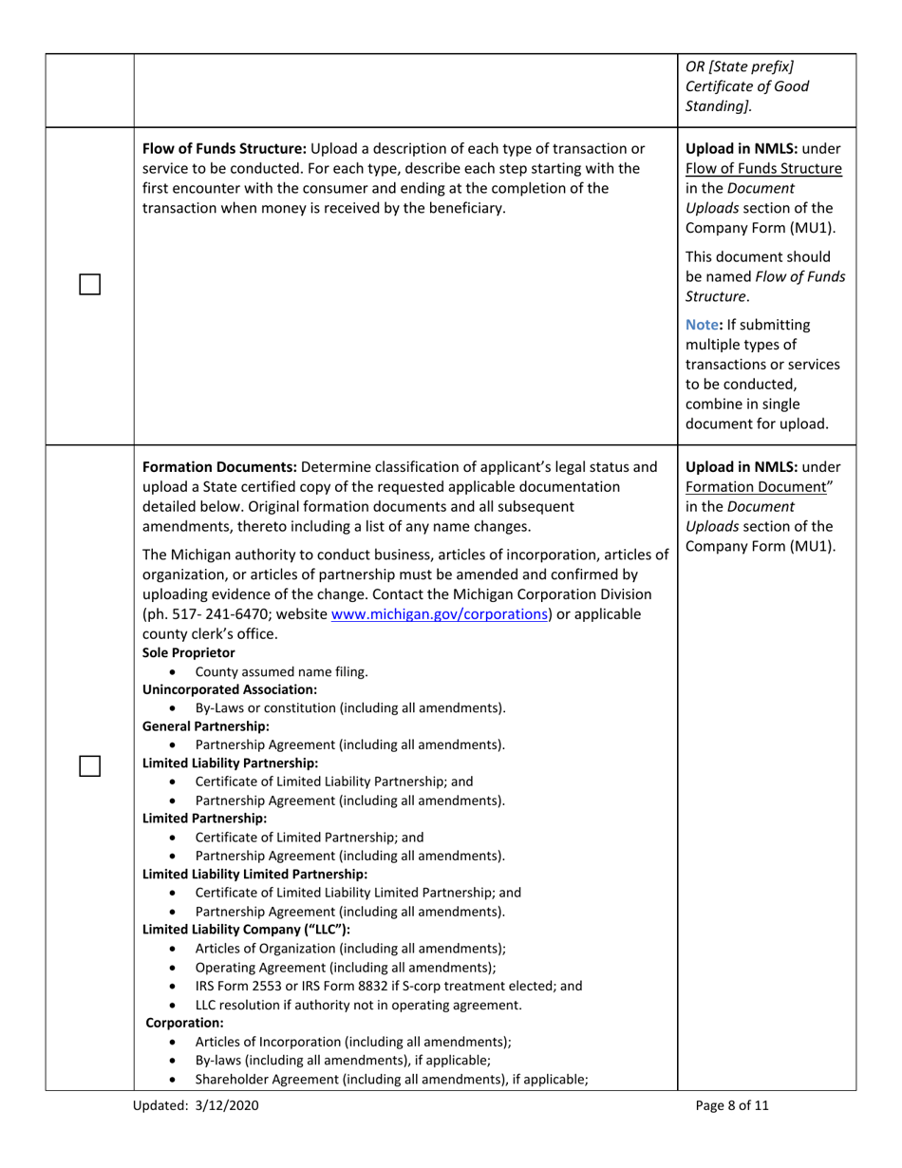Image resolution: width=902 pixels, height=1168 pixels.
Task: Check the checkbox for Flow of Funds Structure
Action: (90, 284)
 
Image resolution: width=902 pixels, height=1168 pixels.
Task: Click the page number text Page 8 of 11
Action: (731, 1105)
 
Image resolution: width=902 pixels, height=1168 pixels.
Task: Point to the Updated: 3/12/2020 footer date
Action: (196, 1105)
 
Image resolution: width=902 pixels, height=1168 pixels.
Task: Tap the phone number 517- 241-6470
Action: (219, 614)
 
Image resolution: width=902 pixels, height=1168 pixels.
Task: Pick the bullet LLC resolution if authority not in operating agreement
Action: (358, 1005)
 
